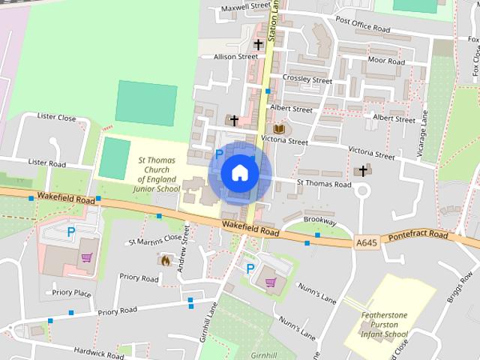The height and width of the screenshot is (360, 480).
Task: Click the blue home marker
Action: [239, 172]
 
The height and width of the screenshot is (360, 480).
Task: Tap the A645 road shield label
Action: [367, 242]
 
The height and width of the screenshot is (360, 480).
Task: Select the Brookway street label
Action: [319, 222]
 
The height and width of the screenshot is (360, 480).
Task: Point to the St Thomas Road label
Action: [323, 184]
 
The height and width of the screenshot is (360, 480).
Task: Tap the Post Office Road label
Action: [363, 25]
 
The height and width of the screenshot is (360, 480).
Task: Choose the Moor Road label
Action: [387, 61]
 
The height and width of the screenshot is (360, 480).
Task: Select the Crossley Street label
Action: [307, 79]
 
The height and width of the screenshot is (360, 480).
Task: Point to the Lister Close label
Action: [57, 118]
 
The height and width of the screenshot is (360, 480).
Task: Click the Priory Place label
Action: [71, 292]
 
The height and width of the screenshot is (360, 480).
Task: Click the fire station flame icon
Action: [165, 260]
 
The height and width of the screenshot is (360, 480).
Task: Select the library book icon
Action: [278, 128]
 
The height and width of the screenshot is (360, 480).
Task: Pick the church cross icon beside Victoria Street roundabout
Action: [363, 170]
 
